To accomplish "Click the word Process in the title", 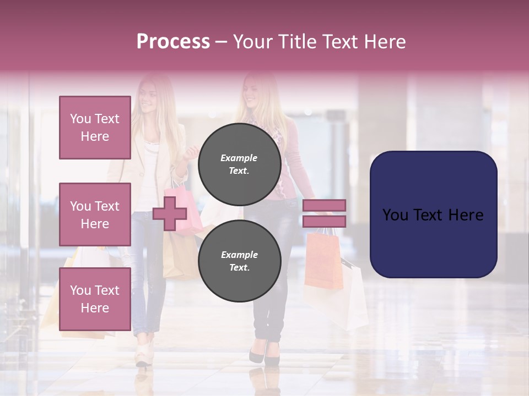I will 173,41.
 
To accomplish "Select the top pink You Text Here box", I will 95,128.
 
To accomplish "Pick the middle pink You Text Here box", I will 95,215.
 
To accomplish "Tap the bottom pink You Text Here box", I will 95,299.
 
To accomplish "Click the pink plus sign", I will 169,214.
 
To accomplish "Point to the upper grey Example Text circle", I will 239,164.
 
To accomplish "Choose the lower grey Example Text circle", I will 239,261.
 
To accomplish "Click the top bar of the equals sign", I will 324,205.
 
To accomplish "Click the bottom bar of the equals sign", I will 324,221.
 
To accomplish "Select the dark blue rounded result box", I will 433,215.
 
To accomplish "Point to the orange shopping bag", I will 323,258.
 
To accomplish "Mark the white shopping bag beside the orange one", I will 353,297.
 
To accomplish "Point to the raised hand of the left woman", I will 191,151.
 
